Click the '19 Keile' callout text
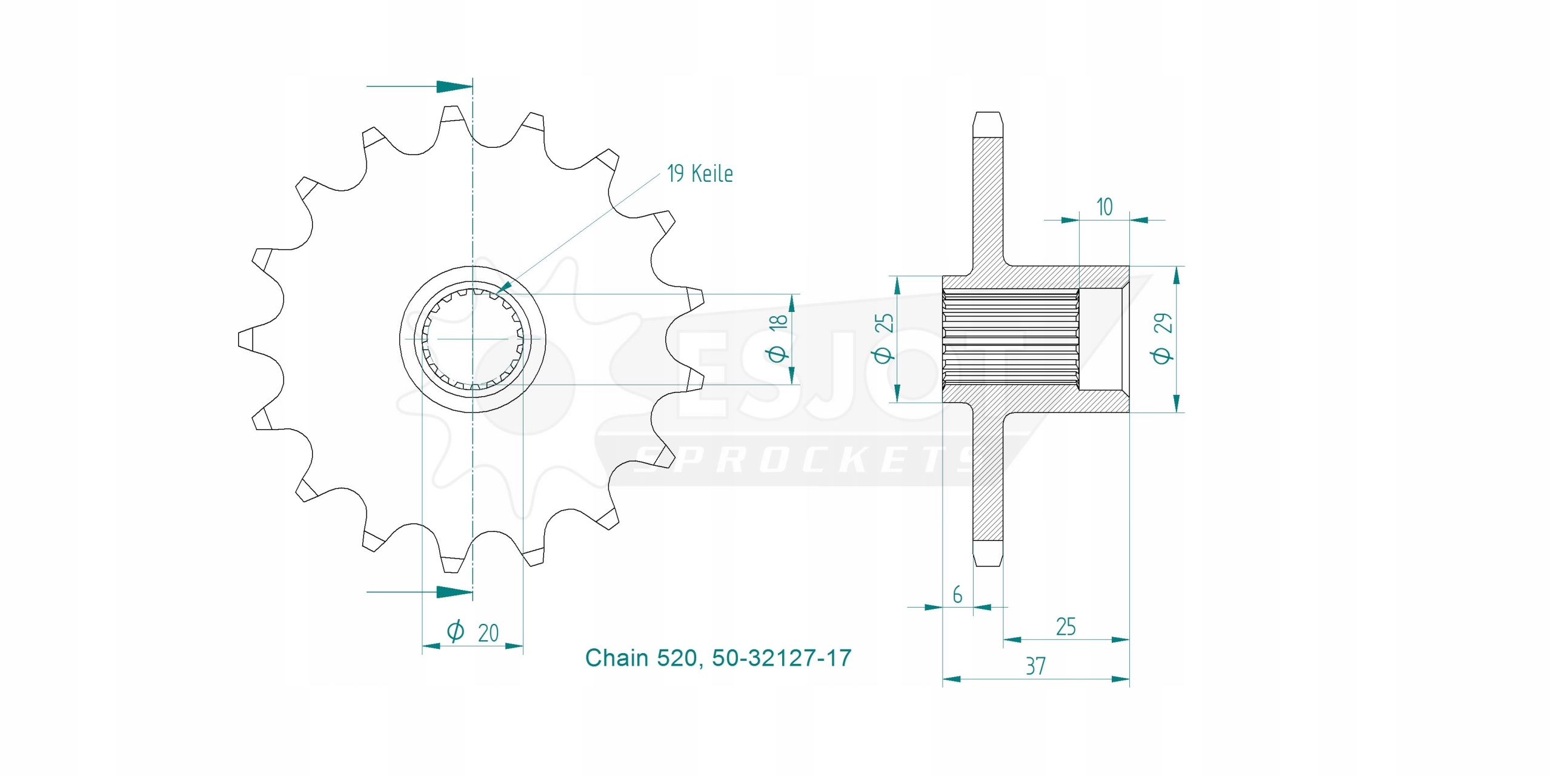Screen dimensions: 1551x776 [700, 174]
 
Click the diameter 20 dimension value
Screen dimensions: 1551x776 [473, 632]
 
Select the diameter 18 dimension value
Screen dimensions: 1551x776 [778, 338]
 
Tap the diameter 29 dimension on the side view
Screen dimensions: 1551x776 [1162, 339]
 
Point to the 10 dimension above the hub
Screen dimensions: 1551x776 [1104, 207]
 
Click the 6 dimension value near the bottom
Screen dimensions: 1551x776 [957, 595]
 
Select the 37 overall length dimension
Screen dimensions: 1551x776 [1035, 666]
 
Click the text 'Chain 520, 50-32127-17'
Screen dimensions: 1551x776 [718, 658]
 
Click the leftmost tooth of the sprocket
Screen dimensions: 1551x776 [245, 339]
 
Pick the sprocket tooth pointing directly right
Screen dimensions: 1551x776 [697, 297]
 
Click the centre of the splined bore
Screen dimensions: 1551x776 [473, 339]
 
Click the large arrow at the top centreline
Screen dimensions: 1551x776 [454, 87]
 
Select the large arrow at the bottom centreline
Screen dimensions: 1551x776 [454, 592]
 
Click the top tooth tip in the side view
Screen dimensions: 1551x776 [988, 113]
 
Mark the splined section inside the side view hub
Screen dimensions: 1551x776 [1011, 339]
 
